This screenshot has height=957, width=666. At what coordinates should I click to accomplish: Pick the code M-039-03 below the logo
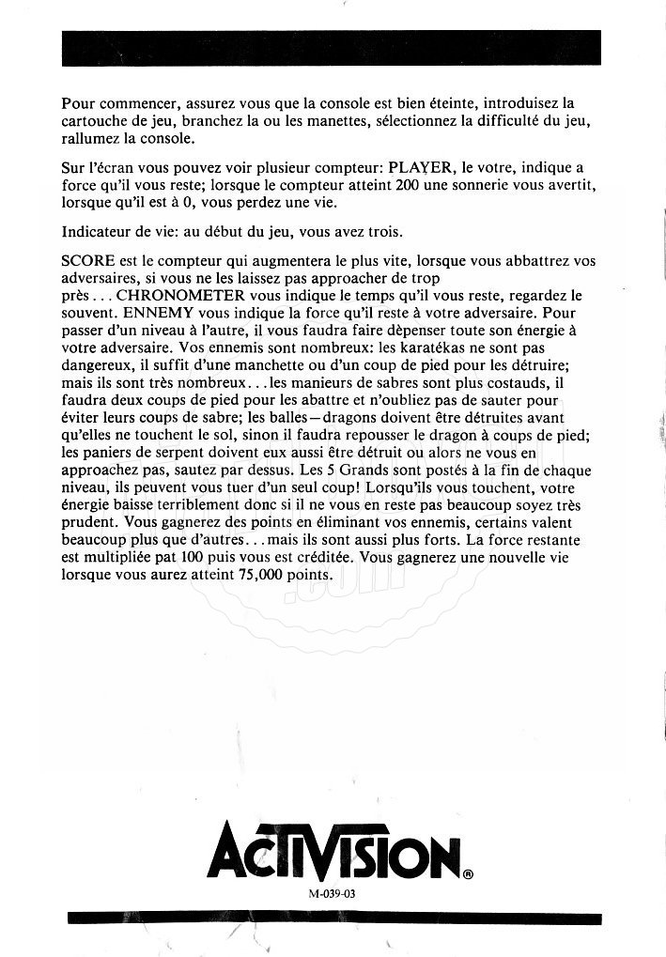[331, 894]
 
